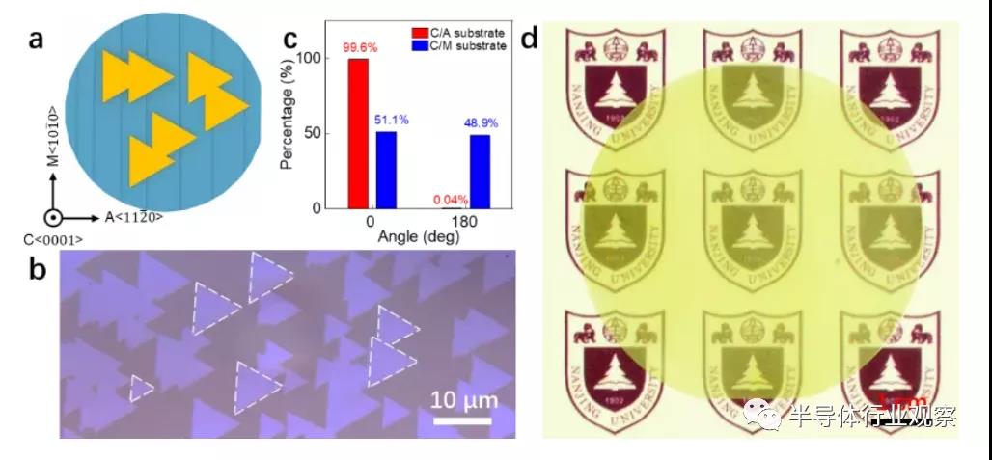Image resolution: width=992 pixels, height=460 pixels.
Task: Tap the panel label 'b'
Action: click(38, 269)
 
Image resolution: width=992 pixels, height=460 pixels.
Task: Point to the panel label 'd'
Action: click(529, 40)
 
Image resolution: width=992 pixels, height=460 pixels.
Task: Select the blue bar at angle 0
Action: click(386, 170)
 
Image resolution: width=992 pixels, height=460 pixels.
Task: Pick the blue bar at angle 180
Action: click(480, 172)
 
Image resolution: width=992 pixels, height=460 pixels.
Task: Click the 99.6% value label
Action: click(358, 47)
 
